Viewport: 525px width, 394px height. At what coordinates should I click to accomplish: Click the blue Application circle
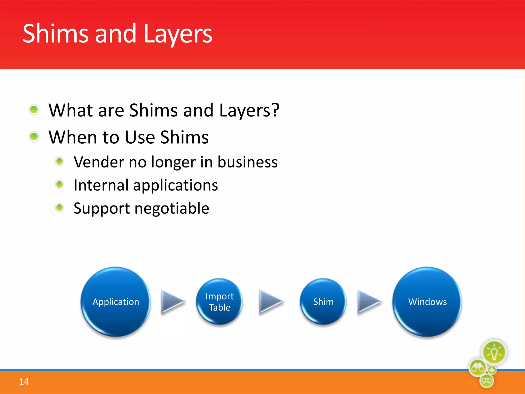click(x=116, y=302)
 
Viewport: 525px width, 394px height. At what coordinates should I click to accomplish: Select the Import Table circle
click(x=219, y=302)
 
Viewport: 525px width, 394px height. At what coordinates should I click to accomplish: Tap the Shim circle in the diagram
click(x=323, y=302)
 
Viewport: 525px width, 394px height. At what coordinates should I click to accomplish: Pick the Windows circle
click(x=427, y=302)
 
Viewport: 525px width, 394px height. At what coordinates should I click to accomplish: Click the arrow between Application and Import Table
click(x=172, y=302)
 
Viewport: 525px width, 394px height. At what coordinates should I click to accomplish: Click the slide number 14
click(x=24, y=382)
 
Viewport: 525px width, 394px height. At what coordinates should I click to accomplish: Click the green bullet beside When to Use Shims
click(x=34, y=136)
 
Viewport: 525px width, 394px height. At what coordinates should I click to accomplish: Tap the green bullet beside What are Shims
click(x=34, y=110)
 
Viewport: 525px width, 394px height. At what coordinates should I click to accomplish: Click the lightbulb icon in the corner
click(x=494, y=352)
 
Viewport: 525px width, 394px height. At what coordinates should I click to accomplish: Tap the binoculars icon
click(x=478, y=368)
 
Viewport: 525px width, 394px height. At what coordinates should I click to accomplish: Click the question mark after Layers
click(x=275, y=110)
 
